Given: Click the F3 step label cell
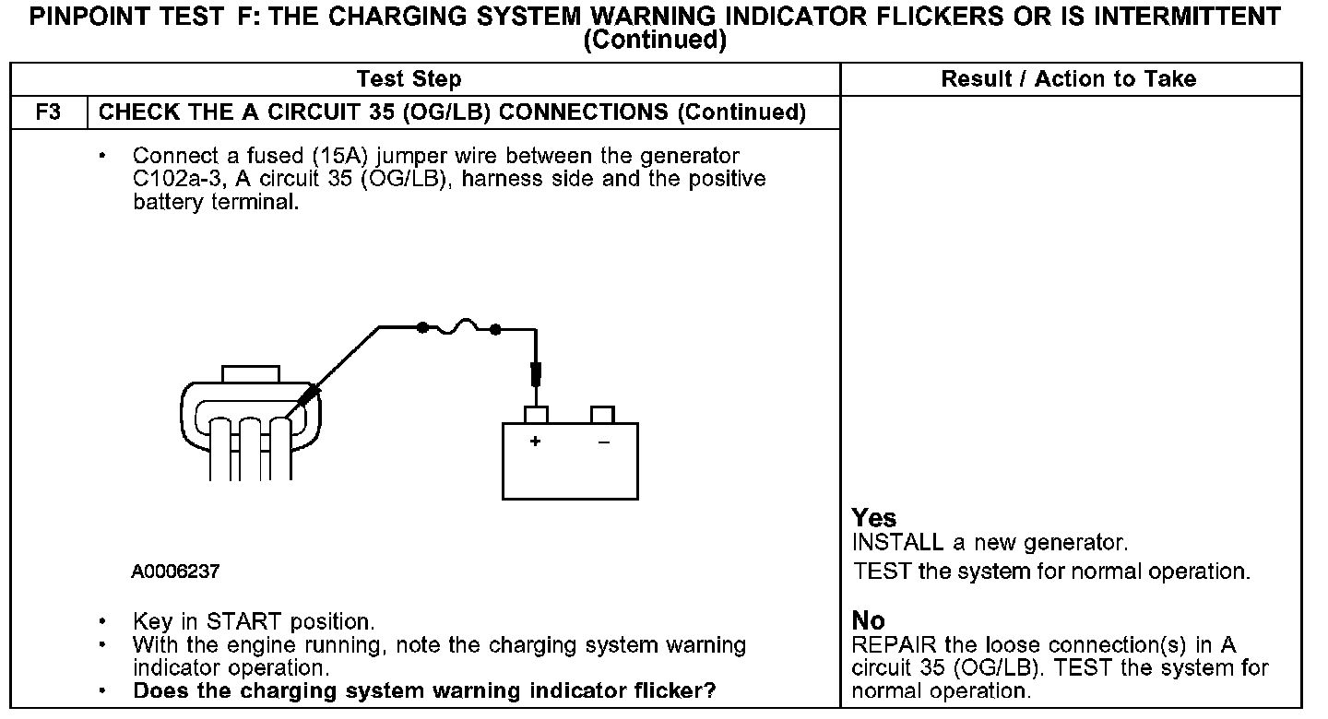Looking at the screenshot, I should [x=48, y=112].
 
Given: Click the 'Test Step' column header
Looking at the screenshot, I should [x=409, y=79].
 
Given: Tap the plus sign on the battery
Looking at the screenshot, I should [x=535, y=442].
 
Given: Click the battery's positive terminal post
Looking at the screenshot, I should [x=536, y=414].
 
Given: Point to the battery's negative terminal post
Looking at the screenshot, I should [x=603, y=414].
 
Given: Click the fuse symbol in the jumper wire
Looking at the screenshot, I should [x=458, y=326].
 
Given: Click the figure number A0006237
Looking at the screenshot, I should [x=175, y=572].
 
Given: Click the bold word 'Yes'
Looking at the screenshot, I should [x=874, y=518].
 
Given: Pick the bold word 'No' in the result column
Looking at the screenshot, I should [x=869, y=620].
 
